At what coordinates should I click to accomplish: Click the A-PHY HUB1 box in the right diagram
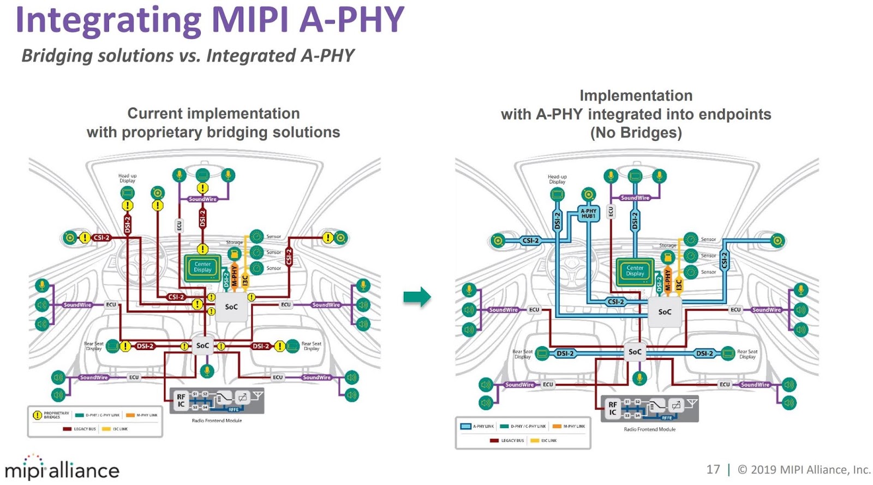click(x=588, y=214)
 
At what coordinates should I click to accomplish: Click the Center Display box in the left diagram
click(x=202, y=267)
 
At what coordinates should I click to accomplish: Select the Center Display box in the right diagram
click(x=635, y=271)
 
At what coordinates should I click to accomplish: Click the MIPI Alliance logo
click(x=62, y=469)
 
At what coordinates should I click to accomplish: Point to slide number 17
click(x=713, y=469)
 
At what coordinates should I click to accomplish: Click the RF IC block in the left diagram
click(x=181, y=401)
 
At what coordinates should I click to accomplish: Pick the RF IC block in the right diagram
click(x=613, y=408)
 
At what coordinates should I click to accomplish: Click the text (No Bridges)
click(x=636, y=133)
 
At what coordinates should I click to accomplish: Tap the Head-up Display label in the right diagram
click(x=557, y=179)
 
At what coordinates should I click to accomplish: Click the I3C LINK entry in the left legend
click(x=116, y=429)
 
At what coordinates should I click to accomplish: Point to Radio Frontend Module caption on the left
click(x=217, y=421)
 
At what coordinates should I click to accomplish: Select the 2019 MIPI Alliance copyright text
click(x=804, y=469)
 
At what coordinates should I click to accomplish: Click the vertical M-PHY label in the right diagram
click(x=668, y=279)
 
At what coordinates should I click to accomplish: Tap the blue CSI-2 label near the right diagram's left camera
click(x=530, y=240)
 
